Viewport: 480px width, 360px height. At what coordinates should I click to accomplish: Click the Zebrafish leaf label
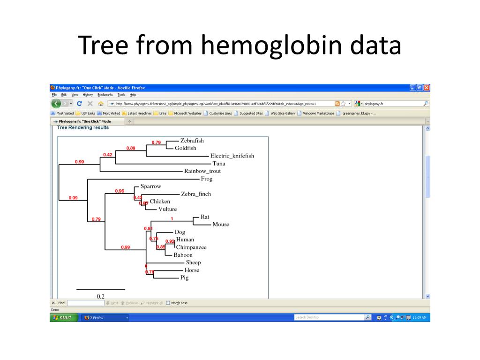click(x=192, y=141)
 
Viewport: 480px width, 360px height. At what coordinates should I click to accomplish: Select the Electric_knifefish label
click(x=232, y=156)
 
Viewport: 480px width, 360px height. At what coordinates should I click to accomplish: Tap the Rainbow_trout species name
click(x=202, y=171)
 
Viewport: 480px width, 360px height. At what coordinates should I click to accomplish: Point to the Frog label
click(x=206, y=179)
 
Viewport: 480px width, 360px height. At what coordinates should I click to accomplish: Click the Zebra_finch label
click(x=196, y=194)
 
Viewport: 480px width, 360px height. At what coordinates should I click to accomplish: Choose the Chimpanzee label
click(x=191, y=247)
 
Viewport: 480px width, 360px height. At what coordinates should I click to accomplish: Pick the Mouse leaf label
click(x=221, y=225)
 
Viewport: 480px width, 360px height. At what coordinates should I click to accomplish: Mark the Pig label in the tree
click(x=184, y=278)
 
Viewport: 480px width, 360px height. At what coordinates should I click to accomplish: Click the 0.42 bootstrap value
click(x=108, y=155)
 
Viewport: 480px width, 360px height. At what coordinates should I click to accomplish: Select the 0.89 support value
click(x=131, y=148)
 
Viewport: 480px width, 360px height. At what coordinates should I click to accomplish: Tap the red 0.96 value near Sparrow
click(x=120, y=191)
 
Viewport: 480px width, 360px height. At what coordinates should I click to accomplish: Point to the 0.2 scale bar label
click(x=101, y=296)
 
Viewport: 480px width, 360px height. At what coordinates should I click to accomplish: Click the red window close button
click(x=427, y=88)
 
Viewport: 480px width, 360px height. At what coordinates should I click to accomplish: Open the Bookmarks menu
click(x=105, y=95)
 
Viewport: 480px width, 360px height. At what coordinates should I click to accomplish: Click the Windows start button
click(x=63, y=318)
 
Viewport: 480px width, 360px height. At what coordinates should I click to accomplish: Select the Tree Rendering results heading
click(x=82, y=127)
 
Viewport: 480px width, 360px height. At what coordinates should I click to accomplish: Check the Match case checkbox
click(x=168, y=303)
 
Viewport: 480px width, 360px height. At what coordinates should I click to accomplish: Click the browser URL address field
click(x=220, y=104)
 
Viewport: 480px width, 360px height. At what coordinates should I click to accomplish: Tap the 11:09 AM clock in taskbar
click(x=419, y=318)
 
